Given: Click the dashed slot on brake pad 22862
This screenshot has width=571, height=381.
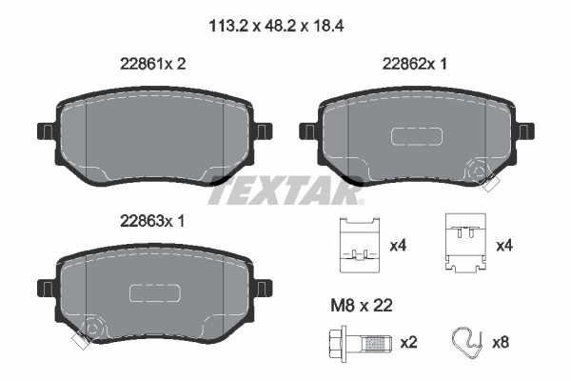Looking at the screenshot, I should coord(415,136).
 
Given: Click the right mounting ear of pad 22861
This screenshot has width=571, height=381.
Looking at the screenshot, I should coord(262,130).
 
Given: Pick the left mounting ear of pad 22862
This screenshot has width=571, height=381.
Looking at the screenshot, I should coord(309,130).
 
